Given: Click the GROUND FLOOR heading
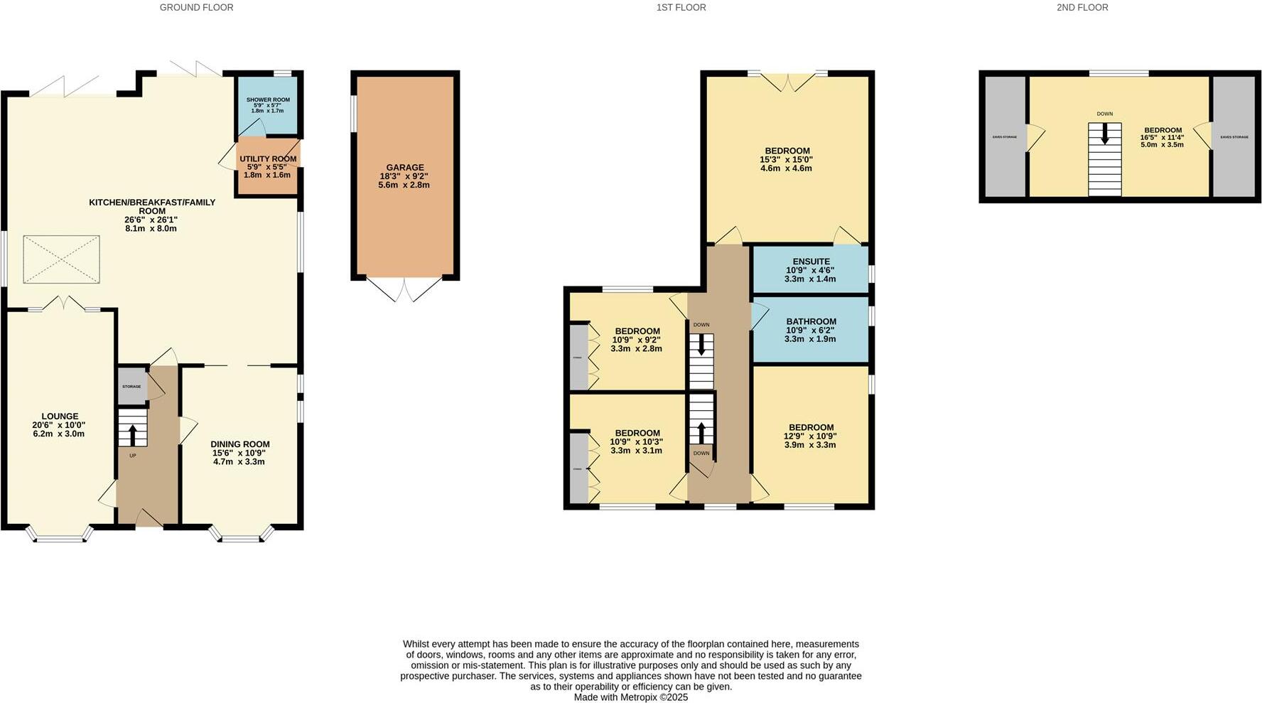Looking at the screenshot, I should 196,7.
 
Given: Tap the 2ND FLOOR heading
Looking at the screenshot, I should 1082,7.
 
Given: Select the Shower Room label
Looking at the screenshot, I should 268,100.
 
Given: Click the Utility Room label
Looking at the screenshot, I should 268,159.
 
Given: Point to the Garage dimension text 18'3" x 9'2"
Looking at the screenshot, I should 404,176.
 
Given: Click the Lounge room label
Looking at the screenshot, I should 60,417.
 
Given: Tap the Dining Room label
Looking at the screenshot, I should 240,444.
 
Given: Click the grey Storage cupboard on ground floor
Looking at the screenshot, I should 131,387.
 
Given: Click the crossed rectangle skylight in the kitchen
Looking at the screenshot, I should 62,260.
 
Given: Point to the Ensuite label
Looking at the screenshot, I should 811,262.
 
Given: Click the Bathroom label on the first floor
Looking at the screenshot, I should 811,321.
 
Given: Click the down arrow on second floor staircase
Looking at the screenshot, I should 1104,134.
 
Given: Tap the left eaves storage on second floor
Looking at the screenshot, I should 1004,136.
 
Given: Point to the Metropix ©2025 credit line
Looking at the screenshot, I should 631,697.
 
